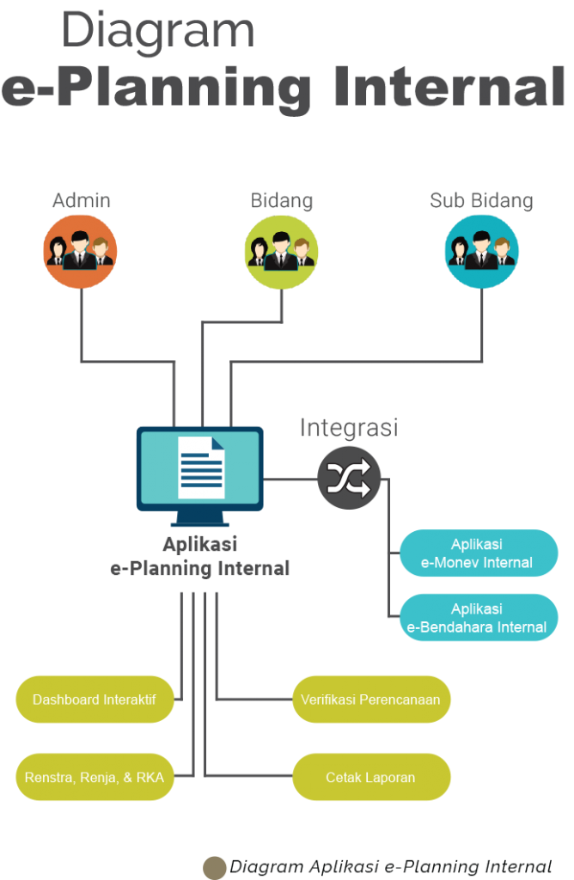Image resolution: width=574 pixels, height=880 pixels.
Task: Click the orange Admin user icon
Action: coord(80,251)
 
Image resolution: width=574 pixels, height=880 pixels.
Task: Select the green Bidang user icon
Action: coord(282,251)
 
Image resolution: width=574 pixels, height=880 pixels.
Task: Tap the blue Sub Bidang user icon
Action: coord(481,251)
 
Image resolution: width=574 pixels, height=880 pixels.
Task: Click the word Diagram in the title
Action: coord(158,32)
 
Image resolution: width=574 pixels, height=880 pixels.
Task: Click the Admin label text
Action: coord(82,201)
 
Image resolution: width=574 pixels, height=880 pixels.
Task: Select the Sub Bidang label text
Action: coord(481,201)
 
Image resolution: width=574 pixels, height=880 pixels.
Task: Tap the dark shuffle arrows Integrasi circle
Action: coord(349,479)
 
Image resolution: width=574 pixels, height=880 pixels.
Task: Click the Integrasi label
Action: coord(349,427)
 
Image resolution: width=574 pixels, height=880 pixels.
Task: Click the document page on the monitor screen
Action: coord(201,467)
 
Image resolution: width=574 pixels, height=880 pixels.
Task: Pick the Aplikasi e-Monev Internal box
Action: coord(478,553)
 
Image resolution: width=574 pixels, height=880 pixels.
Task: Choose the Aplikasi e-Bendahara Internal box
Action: coord(478,618)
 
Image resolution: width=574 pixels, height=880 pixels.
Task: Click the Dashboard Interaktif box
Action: coord(95,700)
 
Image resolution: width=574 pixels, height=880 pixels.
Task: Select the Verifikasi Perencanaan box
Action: coord(370,700)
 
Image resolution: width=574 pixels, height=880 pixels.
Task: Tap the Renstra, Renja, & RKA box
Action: coord(95,778)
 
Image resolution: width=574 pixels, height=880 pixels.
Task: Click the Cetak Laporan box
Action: coord(370,778)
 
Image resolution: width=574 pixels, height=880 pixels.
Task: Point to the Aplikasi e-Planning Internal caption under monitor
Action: coord(200,557)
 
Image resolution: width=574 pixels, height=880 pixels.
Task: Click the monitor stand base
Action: coord(200,522)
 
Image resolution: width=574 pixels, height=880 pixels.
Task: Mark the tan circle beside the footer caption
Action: coord(215,867)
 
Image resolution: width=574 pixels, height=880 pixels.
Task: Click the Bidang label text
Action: coord(282,201)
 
